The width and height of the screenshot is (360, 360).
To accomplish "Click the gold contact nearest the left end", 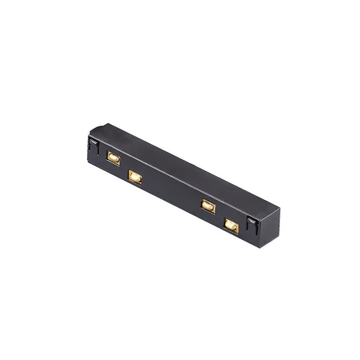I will pyautogui.click(x=113, y=158).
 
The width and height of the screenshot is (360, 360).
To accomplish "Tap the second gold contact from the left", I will pyautogui.click(x=135, y=177).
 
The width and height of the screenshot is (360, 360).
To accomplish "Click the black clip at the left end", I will pyautogui.click(x=93, y=146).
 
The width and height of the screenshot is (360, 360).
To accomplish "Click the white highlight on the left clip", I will pyautogui.click(x=93, y=142).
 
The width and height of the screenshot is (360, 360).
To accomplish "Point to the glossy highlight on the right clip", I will pyautogui.click(x=250, y=222).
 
